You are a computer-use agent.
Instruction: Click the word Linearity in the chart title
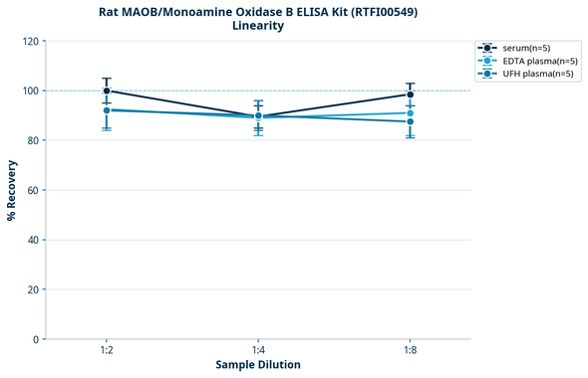[x=258, y=26]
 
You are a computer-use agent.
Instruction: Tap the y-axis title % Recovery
[x=12, y=189]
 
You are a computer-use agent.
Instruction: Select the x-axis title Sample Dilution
[x=258, y=365]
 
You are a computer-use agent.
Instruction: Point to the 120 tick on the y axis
[x=31, y=41]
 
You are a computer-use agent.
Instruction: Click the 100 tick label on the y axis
[x=31, y=91]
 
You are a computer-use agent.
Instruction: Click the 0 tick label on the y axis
[x=36, y=339]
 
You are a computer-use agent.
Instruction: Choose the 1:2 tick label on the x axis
[x=106, y=350]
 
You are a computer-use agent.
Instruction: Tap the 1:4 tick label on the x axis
[x=258, y=350]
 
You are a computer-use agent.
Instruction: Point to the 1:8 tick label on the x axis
[x=410, y=350]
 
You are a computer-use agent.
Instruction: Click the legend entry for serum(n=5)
[x=524, y=49]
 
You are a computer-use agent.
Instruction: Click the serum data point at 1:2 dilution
[x=107, y=91]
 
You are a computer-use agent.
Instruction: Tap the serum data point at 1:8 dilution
[x=410, y=94]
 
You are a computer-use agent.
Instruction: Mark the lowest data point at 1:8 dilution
[x=410, y=121]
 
